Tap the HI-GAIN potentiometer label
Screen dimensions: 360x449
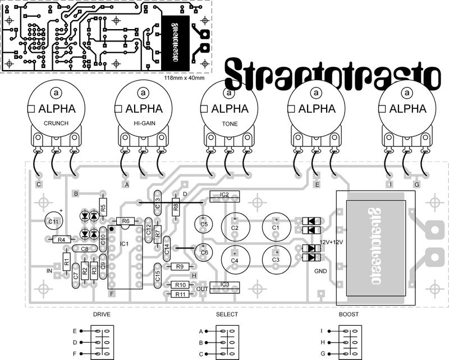[144, 123]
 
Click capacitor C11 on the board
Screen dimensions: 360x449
[54, 222]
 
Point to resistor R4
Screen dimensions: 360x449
[61, 240]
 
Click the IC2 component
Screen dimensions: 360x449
[224, 195]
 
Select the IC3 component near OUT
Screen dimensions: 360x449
[224, 285]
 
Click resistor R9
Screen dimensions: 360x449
[180, 266]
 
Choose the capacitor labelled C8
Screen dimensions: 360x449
[84, 248]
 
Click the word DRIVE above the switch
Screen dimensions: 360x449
[102, 315]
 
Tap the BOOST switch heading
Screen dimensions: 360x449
[348, 315]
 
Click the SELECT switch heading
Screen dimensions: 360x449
[227, 315]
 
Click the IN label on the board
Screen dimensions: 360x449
[49, 270]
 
